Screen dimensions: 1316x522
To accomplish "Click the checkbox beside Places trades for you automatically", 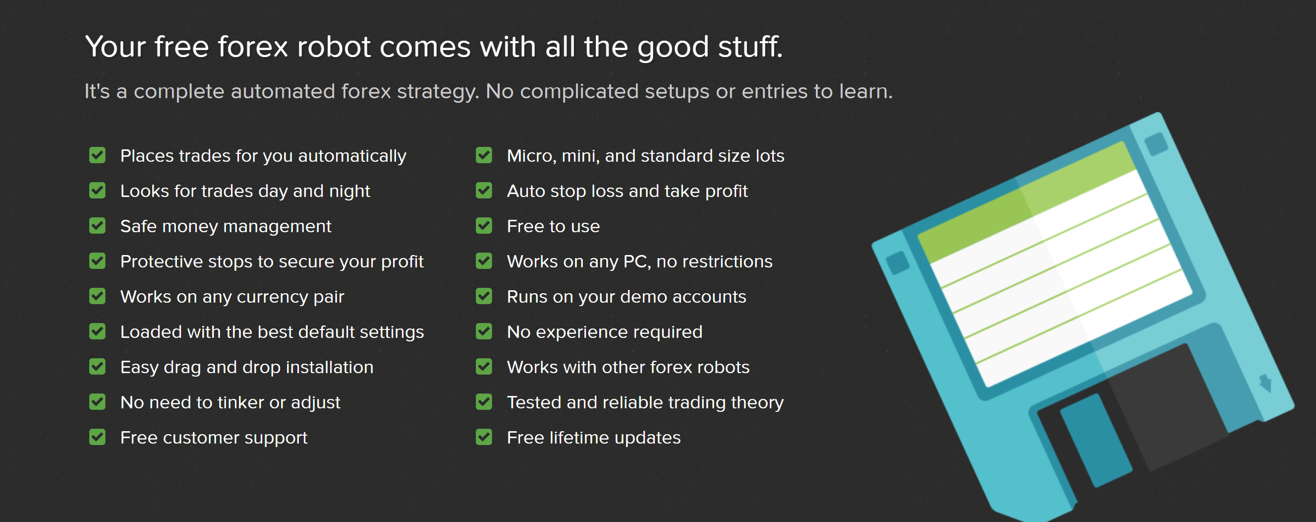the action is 97,155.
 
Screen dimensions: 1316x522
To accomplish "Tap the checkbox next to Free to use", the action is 484,225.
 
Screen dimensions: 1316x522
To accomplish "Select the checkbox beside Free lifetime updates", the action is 484,437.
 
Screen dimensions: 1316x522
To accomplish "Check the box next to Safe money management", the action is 97,225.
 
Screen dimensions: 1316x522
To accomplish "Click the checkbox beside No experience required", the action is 484,331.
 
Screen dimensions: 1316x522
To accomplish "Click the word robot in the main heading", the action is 334,47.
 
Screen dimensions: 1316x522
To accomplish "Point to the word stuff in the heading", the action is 750,47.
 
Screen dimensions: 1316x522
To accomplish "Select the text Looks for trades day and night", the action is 245,191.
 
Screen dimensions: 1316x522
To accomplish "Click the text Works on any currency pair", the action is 232,297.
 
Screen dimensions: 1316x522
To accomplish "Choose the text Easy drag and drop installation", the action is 247,367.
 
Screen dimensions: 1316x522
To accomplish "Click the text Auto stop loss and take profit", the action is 627,191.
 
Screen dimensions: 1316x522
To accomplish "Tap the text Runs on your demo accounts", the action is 627,297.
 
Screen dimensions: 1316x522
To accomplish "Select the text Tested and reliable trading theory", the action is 645,403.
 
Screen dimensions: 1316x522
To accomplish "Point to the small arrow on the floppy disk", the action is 1265,383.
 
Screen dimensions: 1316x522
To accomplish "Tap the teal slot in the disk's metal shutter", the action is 1096,440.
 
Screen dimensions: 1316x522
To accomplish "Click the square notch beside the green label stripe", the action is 1156,144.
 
